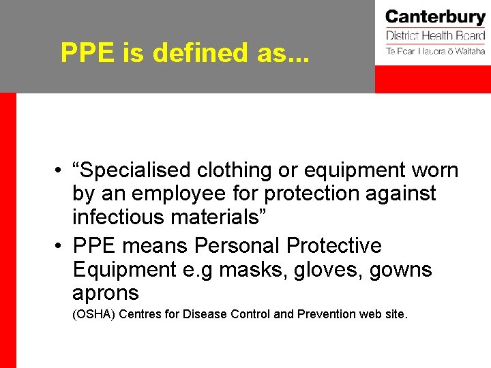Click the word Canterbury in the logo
click(x=435, y=17)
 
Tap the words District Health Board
click(x=435, y=35)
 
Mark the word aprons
click(x=106, y=294)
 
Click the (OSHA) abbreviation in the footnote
click(x=93, y=314)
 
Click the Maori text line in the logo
click(x=435, y=51)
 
